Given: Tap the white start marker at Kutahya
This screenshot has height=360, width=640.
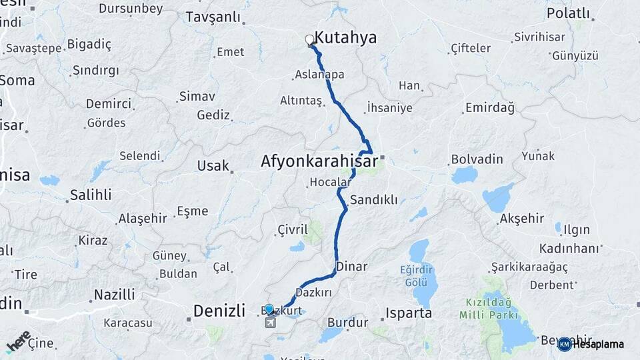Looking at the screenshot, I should [x=310, y=40].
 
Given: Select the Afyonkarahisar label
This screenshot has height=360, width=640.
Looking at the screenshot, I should [x=319, y=161].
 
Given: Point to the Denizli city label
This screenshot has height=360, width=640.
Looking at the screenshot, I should [x=219, y=310].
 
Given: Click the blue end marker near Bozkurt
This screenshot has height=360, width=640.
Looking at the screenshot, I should [x=269, y=309].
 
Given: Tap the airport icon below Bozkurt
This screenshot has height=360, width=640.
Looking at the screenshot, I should [x=270, y=323].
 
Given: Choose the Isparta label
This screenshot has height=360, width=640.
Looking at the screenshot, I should [x=409, y=313].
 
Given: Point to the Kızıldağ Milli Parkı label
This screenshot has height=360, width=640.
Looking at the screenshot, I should [x=491, y=307].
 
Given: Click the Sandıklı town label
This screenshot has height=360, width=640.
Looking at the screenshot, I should [x=374, y=199].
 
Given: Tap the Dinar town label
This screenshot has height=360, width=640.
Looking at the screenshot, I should [x=352, y=267].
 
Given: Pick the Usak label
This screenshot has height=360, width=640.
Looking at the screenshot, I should [x=213, y=166].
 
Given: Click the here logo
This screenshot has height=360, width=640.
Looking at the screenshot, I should [x=19, y=341].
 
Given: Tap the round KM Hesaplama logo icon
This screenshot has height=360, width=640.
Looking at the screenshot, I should [x=565, y=344].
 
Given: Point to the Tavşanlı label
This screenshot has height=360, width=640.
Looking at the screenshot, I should [x=213, y=17].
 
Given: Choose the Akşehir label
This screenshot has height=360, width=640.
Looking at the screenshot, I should [x=522, y=219].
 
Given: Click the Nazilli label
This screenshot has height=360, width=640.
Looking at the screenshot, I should [x=114, y=295].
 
